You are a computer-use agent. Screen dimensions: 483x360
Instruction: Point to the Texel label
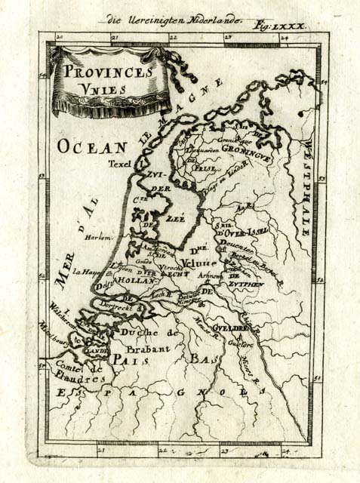coord(119,163)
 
